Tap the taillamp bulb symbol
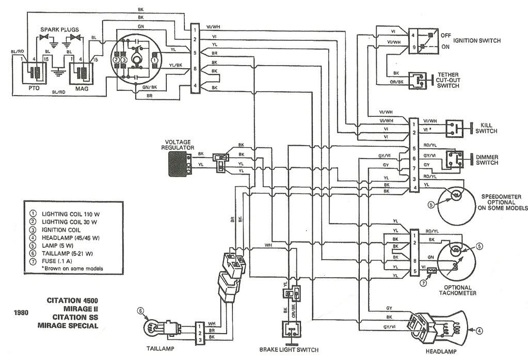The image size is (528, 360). (153, 327)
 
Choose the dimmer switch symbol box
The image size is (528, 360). (455, 160)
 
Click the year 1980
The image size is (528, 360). (21, 312)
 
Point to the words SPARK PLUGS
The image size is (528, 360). (60, 29)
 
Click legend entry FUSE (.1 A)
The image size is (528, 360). (57, 261)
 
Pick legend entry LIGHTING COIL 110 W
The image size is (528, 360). (71, 214)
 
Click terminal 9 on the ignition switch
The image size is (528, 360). (414, 47)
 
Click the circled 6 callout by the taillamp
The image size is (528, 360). (141, 311)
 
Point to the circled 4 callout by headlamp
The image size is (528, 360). (479, 332)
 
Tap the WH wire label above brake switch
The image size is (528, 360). (268, 245)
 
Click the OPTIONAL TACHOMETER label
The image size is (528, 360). (457, 290)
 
